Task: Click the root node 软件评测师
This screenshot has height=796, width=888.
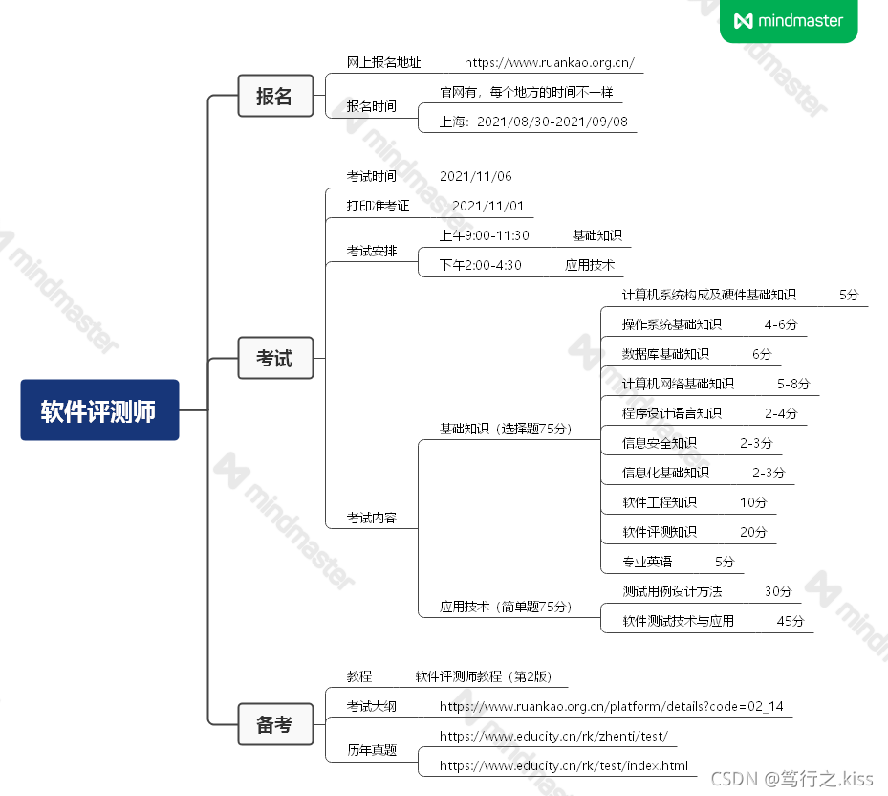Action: pos(99,410)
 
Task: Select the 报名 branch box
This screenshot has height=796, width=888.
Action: pos(274,96)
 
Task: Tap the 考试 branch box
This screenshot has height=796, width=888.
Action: pos(274,359)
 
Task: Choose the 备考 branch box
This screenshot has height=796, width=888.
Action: pos(274,724)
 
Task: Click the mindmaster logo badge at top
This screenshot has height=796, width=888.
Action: pos(789,21)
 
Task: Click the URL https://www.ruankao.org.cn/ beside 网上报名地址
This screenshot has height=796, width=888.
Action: pos(549,63)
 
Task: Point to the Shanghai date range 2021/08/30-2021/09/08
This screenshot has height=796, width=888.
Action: pos(533,122)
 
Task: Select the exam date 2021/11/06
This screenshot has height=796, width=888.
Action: pos(476,176)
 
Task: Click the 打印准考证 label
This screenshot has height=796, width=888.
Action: pos(378,206)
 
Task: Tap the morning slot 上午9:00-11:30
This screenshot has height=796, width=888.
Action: pos(484,235)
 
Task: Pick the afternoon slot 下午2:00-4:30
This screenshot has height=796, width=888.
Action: pos(480,265)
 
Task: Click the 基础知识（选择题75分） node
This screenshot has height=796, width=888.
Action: pos(506,429)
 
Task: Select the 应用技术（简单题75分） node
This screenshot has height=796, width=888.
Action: pos(506,606)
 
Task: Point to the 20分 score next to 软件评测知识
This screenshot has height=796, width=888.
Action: pos(753,532)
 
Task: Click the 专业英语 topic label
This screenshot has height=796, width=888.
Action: pos(647,562)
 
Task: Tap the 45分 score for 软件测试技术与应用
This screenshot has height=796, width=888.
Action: pos(791,621)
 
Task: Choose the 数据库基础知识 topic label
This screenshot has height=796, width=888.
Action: pos(665,354)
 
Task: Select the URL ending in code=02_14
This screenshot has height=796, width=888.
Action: pos(611,707)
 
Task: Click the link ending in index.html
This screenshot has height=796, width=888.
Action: pos(563,765)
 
